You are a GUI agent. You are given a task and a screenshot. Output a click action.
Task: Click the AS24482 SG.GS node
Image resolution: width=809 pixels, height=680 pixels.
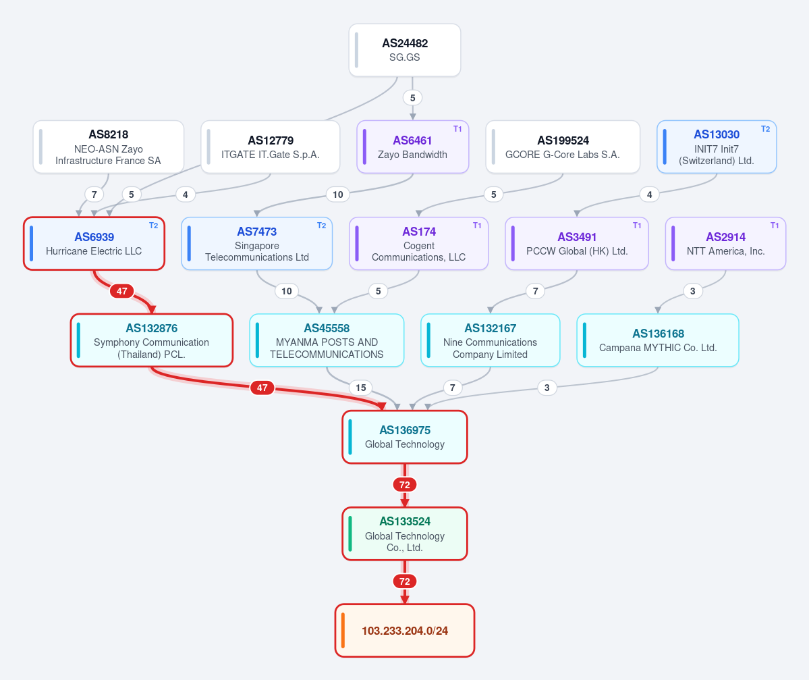405,50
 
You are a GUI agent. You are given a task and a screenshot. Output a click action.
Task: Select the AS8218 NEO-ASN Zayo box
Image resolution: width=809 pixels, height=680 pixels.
109,147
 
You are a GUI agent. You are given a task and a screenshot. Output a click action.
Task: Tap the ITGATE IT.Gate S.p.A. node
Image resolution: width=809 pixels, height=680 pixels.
271,147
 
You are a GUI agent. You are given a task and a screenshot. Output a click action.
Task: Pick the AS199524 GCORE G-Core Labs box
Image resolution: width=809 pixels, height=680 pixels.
563,147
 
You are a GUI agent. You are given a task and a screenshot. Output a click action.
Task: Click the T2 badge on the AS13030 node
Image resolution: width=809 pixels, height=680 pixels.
765,129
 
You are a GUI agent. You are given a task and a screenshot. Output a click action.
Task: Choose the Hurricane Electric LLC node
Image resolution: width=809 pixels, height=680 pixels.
94,244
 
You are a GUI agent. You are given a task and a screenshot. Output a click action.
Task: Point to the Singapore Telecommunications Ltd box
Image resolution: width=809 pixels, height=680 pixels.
257,244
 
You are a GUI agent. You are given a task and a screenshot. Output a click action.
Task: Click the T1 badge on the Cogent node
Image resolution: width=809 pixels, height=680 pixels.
477,226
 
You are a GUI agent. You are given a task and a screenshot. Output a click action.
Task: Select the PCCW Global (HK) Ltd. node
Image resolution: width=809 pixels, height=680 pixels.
577,244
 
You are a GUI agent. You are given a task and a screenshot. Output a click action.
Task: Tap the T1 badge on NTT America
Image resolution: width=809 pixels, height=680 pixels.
775,226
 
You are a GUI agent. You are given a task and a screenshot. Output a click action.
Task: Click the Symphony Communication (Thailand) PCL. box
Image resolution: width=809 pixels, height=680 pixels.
152,341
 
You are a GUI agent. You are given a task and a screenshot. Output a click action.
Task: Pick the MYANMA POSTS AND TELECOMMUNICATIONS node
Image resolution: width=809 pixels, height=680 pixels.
327,341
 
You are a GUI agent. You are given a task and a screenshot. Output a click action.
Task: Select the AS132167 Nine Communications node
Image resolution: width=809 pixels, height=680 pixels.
490,341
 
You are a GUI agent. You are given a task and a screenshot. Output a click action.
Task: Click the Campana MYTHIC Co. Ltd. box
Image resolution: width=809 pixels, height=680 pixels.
658,341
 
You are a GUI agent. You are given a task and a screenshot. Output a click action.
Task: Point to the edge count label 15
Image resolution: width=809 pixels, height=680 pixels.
361,388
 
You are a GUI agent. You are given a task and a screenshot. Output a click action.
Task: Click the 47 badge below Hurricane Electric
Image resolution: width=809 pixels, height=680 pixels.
121,291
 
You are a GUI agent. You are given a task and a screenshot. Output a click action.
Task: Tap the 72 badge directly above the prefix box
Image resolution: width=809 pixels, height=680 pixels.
405,581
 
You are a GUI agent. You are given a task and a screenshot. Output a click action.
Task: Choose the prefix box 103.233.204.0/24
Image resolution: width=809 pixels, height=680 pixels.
405,631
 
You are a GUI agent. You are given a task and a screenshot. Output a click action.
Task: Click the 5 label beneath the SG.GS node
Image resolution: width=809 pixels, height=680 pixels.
412,98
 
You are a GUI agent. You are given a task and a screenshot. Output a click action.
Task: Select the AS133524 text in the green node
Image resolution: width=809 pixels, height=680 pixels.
405,521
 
